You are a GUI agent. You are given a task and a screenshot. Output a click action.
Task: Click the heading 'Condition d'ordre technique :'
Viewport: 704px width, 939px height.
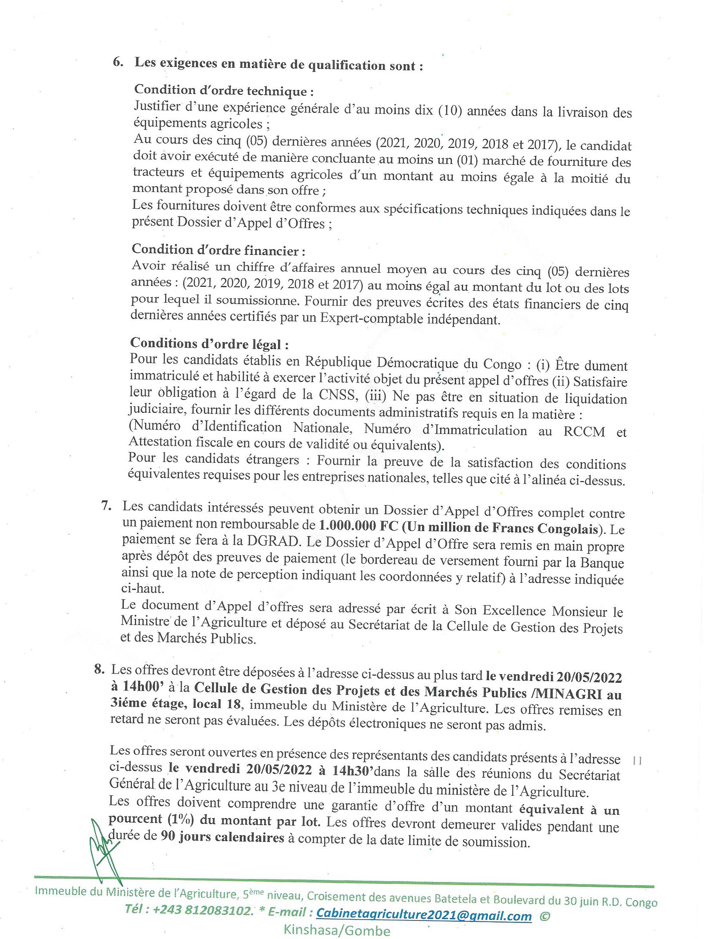pyautogui.click(x=223, y=91)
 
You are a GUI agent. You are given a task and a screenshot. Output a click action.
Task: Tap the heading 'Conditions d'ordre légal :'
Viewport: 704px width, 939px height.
pyautogui.click(x=209, y=344)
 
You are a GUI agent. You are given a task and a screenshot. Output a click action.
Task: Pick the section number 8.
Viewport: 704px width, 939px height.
pyautogui.click(x=99, y=669)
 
